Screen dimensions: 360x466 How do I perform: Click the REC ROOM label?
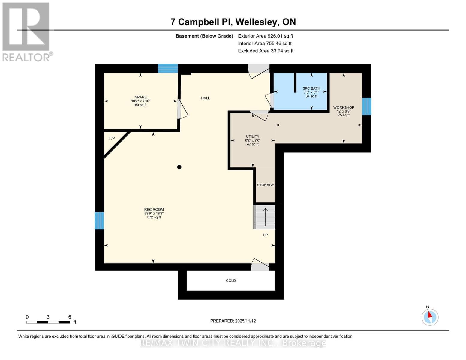(x=154, y=210)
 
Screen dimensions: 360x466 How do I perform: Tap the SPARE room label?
(x=141, y=97)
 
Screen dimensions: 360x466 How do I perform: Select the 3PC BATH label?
(x=311, y=88)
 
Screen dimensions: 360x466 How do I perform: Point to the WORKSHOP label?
(x=344, y=107)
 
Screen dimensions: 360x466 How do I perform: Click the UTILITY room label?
(x=253, y=136)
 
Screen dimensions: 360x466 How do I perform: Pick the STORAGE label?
(x=265, y=185)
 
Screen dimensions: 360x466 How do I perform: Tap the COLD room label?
(x=231, y=281)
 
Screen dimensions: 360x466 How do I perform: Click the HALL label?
(x=206, y=98)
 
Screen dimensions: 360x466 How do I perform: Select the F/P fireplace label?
(x=112, y=138)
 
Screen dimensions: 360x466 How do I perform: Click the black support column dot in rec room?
(x=179, y=167)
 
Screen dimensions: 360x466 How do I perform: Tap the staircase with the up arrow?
(x=265, y=217)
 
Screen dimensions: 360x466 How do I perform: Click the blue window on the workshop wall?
(x=366, y=106)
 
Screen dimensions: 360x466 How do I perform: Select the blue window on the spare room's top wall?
(x=168, y=68)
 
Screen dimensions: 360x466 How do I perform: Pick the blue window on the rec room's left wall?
(x=99, y=220)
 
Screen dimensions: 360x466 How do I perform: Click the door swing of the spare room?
(x=183, y=109)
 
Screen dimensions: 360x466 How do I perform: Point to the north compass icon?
(x=430, y=317)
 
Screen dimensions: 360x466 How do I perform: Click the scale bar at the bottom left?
(x=48, y=322)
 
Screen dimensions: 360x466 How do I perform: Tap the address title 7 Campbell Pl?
(x=233, y=22)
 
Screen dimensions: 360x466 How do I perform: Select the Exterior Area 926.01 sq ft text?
(x=265, y=36)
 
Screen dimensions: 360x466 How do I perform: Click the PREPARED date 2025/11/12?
(x=233, y=321)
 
